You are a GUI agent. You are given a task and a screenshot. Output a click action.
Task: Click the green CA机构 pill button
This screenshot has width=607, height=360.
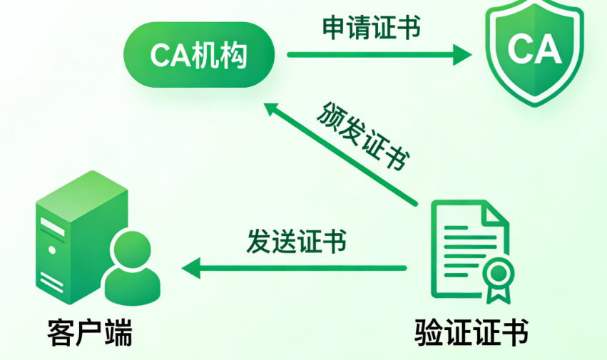click(x=199, y=55)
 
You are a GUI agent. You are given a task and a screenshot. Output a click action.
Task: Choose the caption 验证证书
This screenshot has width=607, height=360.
click(x=471, y=332)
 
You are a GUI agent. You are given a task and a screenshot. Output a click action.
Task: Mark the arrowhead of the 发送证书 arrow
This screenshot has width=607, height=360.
click(x=190, y=269)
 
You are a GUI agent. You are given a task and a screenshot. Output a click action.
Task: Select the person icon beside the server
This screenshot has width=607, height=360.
click(x=133, y=267)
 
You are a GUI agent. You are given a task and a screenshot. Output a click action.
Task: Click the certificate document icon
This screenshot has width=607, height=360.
click(x=467, y=250)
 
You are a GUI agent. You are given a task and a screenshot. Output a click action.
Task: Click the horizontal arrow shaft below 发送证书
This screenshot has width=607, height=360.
click(x=300, y=269)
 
